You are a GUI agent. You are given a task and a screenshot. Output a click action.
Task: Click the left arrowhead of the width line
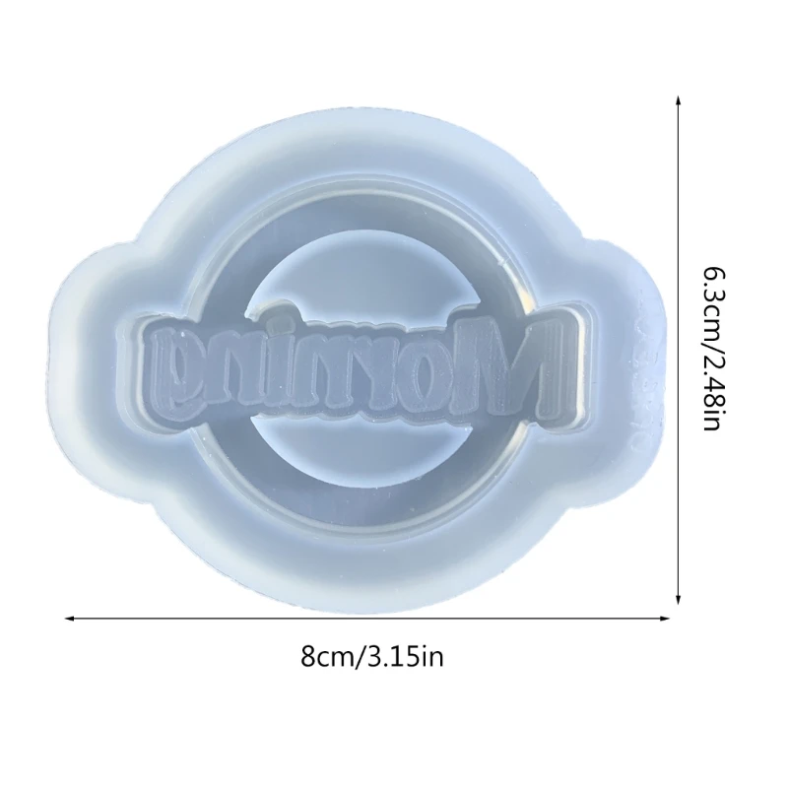(x=70, y=619)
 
